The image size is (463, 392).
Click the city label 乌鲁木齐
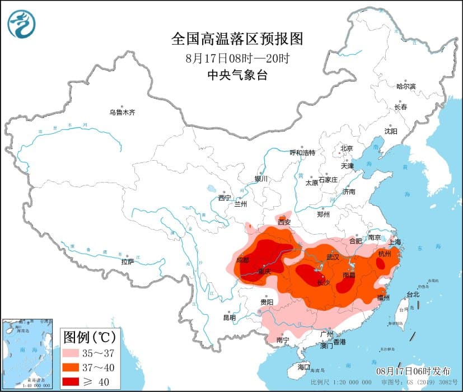(122, 113)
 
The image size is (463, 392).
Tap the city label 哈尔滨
(406, 86)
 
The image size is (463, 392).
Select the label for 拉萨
(128, 262)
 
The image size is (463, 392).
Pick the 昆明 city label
(230, 318)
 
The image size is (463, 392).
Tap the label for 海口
(304, 367)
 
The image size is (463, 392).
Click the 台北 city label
(413, 295)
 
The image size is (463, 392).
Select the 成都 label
(242, 260)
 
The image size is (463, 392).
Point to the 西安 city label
(284, 222)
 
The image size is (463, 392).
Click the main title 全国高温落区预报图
(237, 39)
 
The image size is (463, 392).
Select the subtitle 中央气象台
(237, 76)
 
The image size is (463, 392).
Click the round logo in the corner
(22, 24)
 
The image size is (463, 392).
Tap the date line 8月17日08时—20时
(237, 58)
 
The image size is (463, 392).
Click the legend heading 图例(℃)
(90, 338)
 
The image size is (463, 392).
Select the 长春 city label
(400, 106)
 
